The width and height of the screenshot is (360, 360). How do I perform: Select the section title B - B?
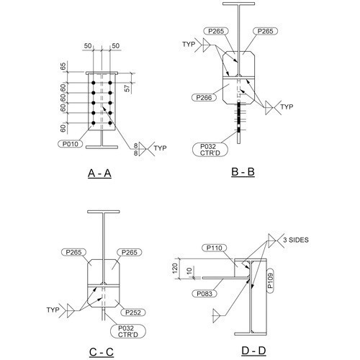tap(242, 173)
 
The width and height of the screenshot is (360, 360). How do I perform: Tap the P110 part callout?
tap(216, 248)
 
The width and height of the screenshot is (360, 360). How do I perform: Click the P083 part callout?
tap(204, 294)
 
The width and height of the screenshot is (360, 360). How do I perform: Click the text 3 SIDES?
tap(295, 239)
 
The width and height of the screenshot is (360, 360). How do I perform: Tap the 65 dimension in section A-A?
tap(63, 66)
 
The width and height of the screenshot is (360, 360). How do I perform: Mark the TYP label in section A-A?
tap(161, 148)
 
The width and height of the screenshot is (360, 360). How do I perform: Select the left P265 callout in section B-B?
tap(216, 32)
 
